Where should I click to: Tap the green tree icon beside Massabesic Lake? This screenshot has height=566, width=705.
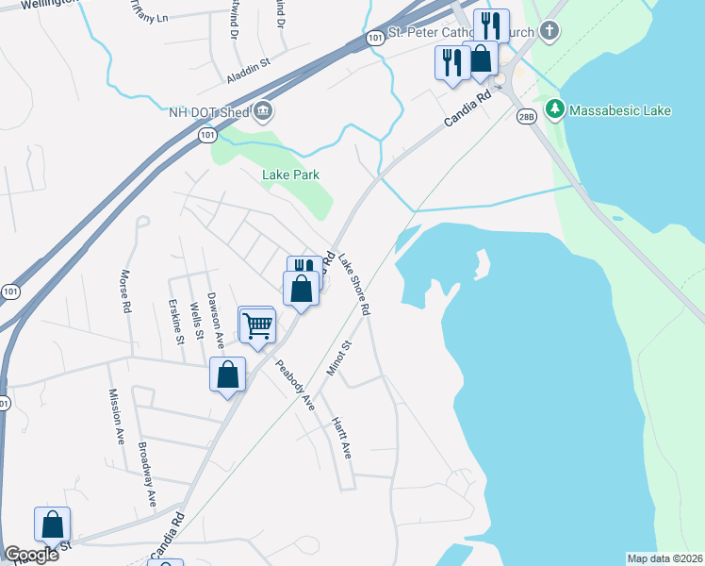coord(555,110)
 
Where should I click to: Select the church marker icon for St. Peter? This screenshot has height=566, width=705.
coord(550,32)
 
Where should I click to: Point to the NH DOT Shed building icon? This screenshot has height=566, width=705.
coord(262,112)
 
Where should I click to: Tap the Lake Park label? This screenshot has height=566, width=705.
coord(290,175)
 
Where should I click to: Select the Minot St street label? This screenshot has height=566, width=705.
coord(338,358)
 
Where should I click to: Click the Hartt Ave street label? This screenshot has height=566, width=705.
coord(340,438)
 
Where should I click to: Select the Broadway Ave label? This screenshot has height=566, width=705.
coord(147,473)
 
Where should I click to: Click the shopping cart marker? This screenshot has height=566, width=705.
coord(257,326)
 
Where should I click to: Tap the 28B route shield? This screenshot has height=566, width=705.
coord(526,116)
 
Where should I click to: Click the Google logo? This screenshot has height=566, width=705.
coord(31,554)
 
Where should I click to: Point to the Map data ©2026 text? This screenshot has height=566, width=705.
coord(664,558)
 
